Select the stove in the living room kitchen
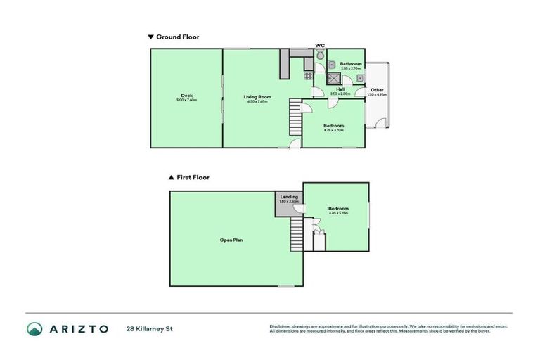(x=308, y=75)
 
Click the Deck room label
(x=186, y=96)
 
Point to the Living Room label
(x=257, y=96)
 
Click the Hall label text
(x=340, y=89)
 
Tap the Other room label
(x=378, y=90)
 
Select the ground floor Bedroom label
(x=333, y=126)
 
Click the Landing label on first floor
(x=289, y=197)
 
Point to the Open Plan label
(x=231, y=240)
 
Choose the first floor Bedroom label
(x=338, y=209)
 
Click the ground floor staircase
(x=295, y=117)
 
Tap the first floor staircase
(x=297, y=234)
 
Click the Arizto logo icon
(x=34, y=328)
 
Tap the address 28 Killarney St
(x=149, y=328)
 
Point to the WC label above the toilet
(x=320, y=45)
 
